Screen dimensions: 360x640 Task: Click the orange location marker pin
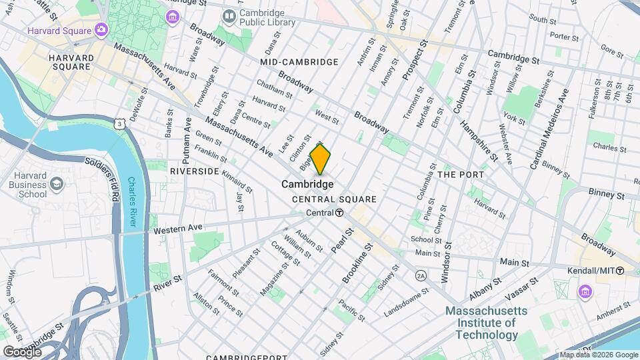click(x=320, y=159)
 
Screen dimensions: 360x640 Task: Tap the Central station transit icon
click(x=339, y=213)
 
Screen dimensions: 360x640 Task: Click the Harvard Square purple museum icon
click(x=101, y=29)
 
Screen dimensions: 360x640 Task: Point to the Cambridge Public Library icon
click(x=229, y=15)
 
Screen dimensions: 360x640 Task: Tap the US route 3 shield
click(x=119, y=124)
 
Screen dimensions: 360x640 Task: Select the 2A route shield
click(x=420, y=275)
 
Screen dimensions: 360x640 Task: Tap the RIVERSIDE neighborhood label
click(x=195, y=171)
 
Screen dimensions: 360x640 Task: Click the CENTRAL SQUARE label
click(x=334, y=199)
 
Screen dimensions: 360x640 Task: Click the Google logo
click(x=22, y=351)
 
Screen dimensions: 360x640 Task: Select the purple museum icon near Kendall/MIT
click(x=585, y=291)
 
